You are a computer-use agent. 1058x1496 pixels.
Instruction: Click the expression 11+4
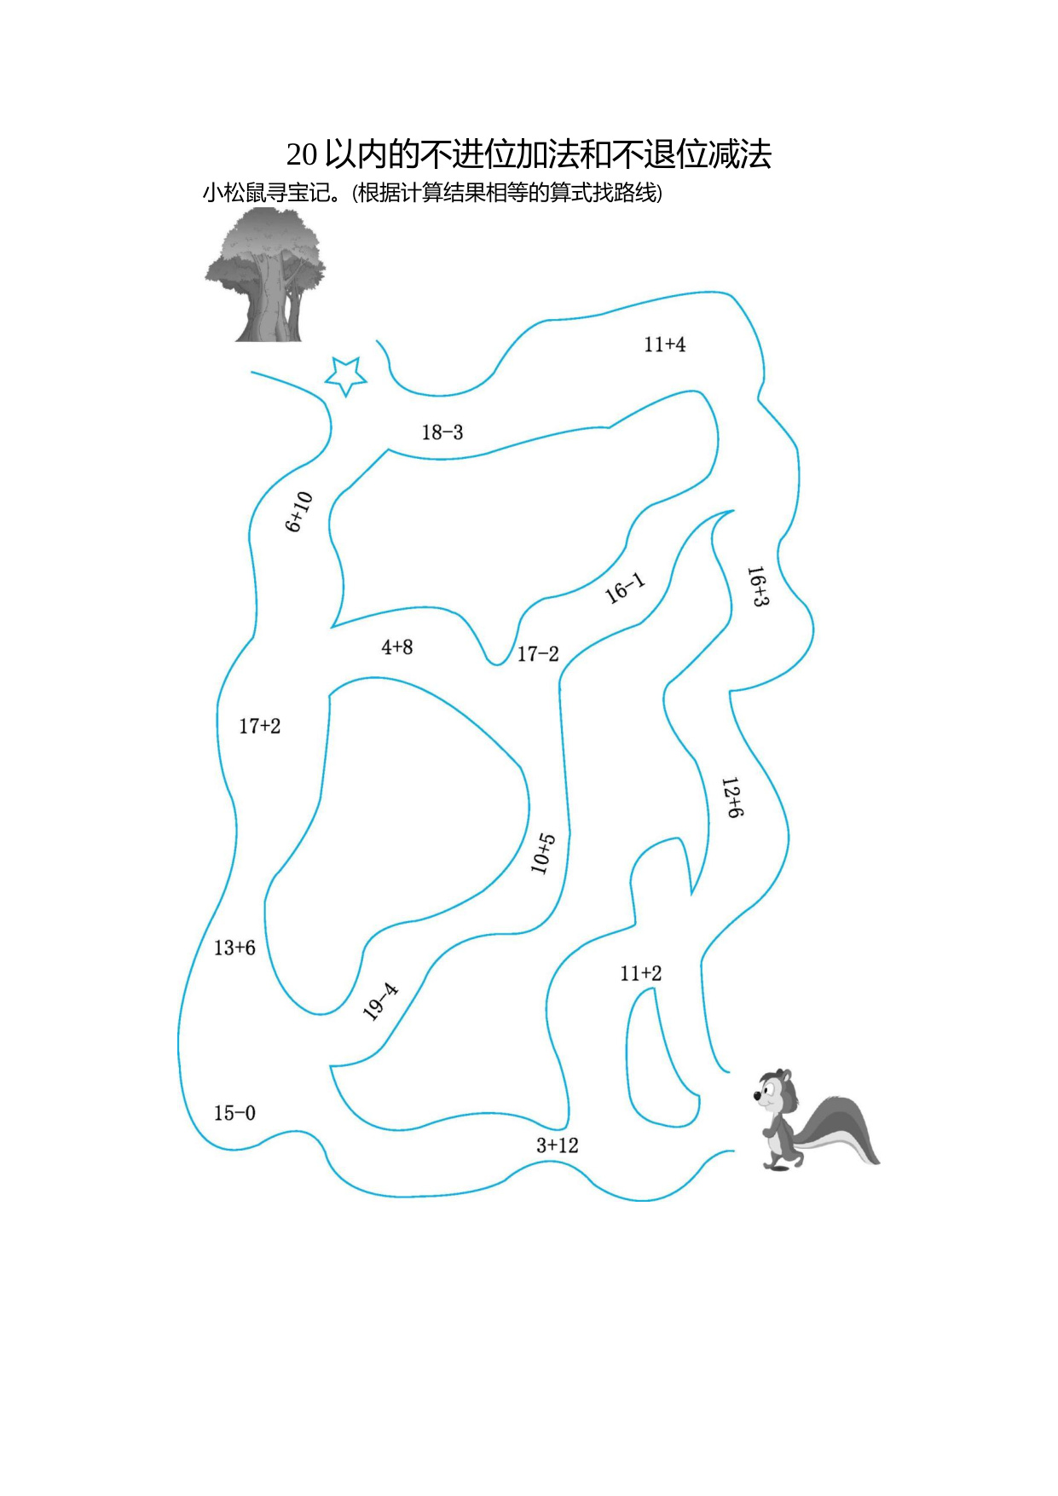tap(664, 345)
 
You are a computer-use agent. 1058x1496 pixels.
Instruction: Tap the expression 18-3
tap(442, 432)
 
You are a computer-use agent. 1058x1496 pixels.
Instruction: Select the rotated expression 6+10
tap(298, 512)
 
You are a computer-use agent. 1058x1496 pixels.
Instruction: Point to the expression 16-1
tap(625, 589)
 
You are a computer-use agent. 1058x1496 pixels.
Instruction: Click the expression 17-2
tap(538, 654)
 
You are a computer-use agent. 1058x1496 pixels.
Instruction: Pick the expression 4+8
tap(397, 647)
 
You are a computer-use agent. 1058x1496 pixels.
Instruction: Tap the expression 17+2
tap(259, 726)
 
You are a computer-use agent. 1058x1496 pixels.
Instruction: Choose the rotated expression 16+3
tap(757, 586)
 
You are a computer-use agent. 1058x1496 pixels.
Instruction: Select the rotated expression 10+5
tap(543, 854)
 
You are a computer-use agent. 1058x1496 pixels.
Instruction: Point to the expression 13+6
tap(234, 948)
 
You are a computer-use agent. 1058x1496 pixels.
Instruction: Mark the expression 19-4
tap(380, 1001)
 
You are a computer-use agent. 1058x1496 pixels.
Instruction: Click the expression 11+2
tap(641, 973)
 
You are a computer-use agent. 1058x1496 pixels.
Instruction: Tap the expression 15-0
tap(234, 1113)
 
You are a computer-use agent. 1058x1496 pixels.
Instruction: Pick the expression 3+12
tap(558, 1145)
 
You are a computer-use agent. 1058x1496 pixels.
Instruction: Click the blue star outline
tap(345, 375)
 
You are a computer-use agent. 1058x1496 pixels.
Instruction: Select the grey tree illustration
tap(265, 275)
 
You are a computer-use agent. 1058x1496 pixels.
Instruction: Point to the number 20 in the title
tap(302, 154)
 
